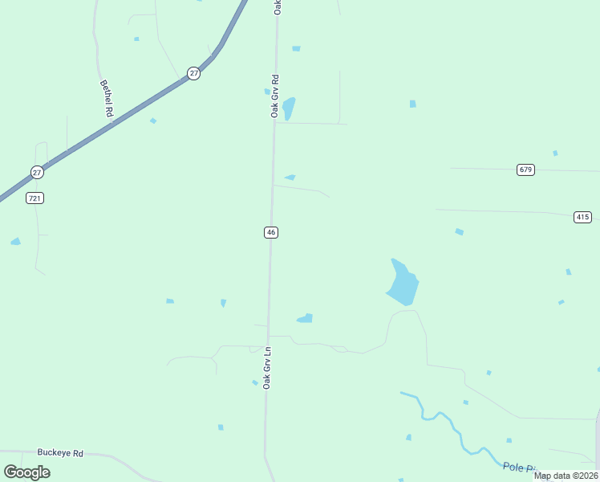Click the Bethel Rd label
pos(106,98)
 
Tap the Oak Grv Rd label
pos(274,96)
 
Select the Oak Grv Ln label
pos(268,368)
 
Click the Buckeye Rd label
pos(60,453)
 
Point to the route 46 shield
pos(271,232)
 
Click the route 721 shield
pos(34,198)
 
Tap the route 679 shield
pos(525,170)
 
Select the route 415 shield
pos(582,217)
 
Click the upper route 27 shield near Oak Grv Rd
pos(194,73)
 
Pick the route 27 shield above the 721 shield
pos(37,172)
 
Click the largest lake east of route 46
pos(403,283)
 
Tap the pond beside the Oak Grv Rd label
pos(289,108)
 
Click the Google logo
pos(26,472)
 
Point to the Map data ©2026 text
pos(566,476)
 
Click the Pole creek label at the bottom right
pos(518,467)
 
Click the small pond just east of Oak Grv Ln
pos(305,319)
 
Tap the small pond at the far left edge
pos(15,241)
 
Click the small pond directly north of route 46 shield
pos(290,177)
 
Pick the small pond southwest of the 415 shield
pos(459,232)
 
